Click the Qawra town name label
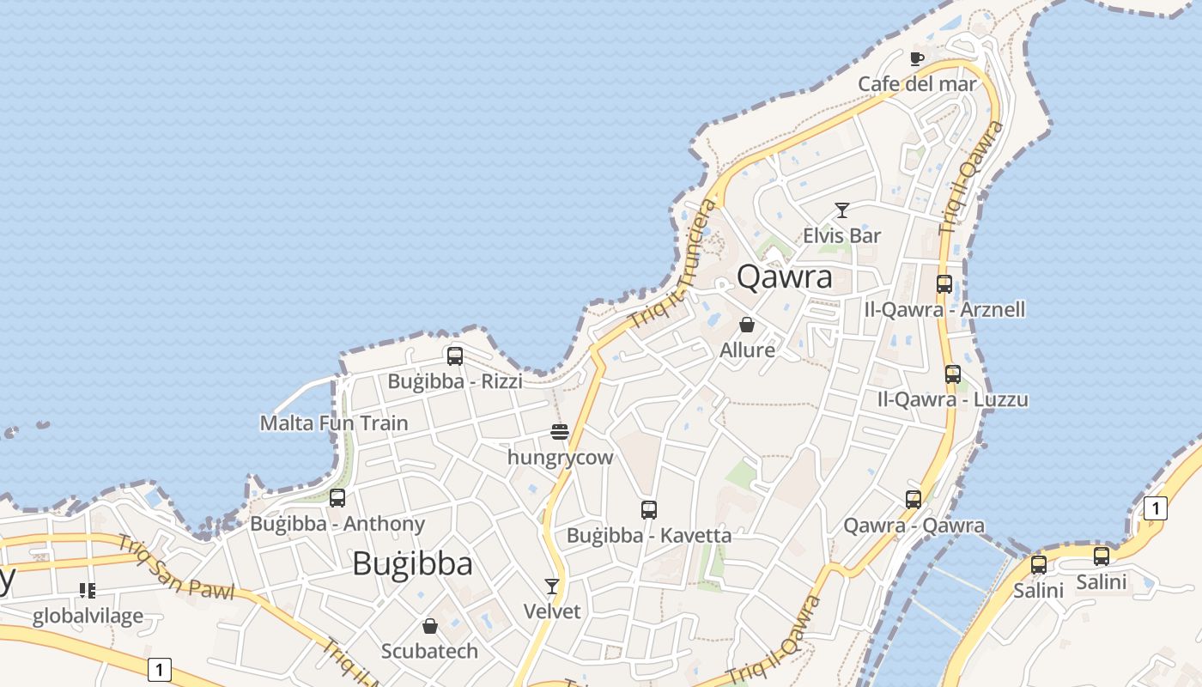click(785, 277)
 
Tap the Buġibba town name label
click(412, 563)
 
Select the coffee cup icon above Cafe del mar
click(917, 58)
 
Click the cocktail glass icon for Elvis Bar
click(842, 210)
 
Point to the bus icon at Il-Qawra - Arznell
click(944, 283)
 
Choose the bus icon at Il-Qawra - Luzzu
click(953, 374)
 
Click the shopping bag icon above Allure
click(747, 325)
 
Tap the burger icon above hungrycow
click(560, 431)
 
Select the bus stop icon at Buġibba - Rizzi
click(455, 356)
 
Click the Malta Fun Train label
click(334, 423)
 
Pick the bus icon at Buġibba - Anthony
click(337, 498)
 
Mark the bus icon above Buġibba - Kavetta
click(649, 510)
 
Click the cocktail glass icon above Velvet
click(552, 587)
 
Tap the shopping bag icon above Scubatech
click(430, 626)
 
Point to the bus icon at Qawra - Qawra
click(914, 500)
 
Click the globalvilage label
click(88, 617)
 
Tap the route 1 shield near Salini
click(1156, 508)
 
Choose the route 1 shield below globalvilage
click(159, 669)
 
